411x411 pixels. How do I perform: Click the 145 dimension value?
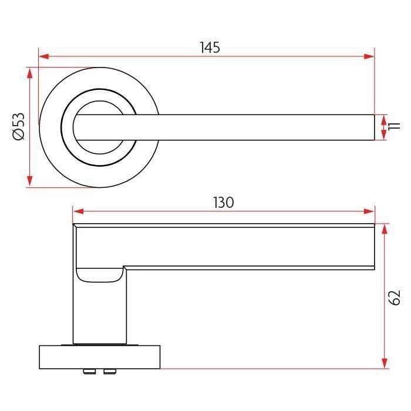[210, 48]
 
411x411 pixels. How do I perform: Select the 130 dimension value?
[223, 203]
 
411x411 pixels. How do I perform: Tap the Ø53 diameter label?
[19, 127]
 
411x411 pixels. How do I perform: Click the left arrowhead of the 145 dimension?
[43, 57]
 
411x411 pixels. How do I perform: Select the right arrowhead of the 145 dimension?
[369, 57]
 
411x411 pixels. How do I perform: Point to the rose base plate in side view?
[99, 357]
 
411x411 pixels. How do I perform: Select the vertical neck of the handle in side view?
[99, 311]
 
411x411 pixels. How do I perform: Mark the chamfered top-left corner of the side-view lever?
[75, 225]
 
